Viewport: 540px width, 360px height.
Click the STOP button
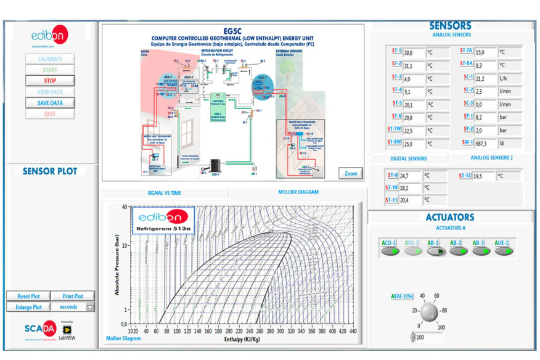pos(50,81)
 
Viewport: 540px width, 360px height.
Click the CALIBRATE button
pos(50,59)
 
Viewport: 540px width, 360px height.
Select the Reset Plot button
pos(28,296)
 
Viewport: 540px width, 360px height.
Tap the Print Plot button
pos(72,296)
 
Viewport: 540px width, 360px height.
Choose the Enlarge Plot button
pos(28,306)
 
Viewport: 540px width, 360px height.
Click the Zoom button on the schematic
pos(351,173)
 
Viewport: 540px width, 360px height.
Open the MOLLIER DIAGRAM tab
pos(298,192)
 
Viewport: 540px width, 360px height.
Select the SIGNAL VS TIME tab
pos(164,193)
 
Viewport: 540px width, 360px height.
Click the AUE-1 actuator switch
pos(504,251)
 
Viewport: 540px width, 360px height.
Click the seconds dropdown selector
pos(73,306)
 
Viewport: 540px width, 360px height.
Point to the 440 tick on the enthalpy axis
pos(353,331)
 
